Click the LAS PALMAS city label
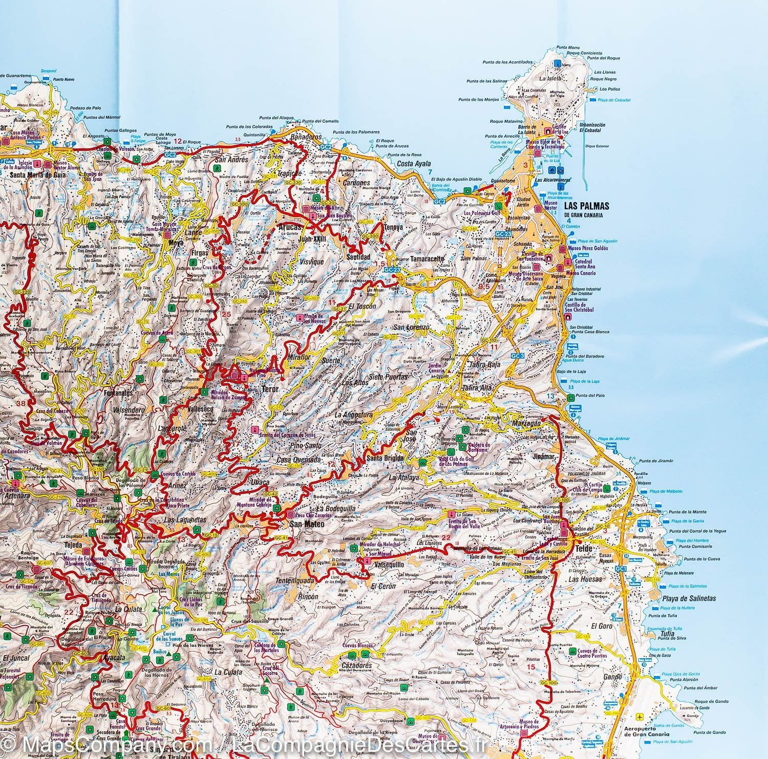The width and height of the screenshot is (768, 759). pyautogui.click(x=586, y=206)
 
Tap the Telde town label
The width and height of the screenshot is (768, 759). pyautogui.click(x=584, y=549)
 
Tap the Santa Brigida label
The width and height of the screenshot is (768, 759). pyautogui.click(x=385, y=458)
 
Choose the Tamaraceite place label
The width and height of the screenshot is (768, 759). pyautogui.click(x=426, y=259)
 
